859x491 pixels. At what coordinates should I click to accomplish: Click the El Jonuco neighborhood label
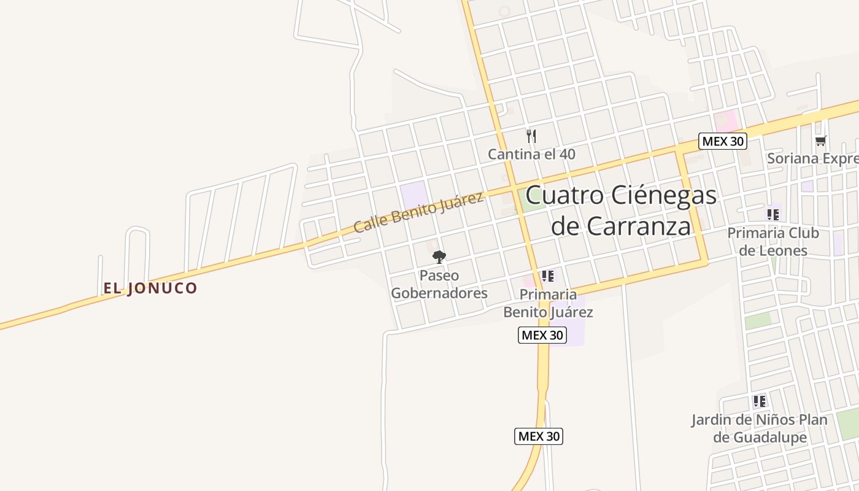click(150, 288)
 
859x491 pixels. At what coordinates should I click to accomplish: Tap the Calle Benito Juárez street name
click(418, 212)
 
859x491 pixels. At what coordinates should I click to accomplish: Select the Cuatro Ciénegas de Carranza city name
click(621, 211)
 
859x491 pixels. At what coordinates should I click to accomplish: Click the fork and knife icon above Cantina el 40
click(531, 136)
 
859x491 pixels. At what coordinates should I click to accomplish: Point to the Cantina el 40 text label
click(531, 154)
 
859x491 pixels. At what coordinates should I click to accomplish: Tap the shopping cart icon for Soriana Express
click(820, 141)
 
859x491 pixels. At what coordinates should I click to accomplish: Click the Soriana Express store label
click(812, 158)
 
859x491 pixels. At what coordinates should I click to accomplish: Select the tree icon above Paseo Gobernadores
click(439, 257)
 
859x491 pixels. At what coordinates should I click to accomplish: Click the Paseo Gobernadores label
click(439, 284)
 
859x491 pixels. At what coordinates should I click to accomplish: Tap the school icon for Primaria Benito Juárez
click(548, 276)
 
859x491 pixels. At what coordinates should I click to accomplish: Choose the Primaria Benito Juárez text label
click(548, 303)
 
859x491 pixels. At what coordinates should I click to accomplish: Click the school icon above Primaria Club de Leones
click(772, 215)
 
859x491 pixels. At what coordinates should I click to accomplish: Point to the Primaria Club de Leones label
click(772, 242)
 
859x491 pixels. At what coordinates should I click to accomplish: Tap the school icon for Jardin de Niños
click(760, 401)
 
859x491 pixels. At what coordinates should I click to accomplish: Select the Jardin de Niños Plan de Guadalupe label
click(760, 428)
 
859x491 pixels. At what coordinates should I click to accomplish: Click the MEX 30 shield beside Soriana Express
click(723, 141)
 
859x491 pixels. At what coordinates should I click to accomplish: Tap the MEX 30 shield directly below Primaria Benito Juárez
click(542, 335)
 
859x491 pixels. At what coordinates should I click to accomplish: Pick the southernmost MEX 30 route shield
click(538, 436)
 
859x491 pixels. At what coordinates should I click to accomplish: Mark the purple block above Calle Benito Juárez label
click(414, 194)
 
